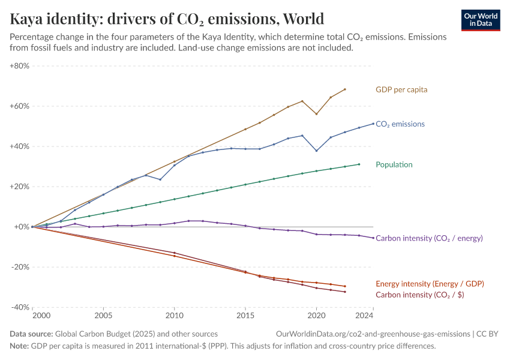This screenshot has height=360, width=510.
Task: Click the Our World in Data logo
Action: (481, 20)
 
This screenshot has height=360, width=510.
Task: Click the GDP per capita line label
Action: (401, 89)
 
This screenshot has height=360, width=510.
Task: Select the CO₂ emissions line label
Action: (400, 124)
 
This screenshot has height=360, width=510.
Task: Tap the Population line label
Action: (394, 164)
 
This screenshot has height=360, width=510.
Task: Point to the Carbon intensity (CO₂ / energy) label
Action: (429, 238)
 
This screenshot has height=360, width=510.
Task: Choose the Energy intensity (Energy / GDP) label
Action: (430, 284)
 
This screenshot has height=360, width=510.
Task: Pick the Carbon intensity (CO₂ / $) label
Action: (419, 295)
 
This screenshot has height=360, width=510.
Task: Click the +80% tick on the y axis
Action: (19, 66)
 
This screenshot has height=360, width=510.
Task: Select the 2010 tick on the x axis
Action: (174, 315)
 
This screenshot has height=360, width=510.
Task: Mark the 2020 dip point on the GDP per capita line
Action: (316, 114)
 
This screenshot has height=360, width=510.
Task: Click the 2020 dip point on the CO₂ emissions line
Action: (316, 151)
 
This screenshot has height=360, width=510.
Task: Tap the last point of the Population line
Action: (359, 164)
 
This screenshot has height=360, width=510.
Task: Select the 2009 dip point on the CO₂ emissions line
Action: (160, 179)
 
